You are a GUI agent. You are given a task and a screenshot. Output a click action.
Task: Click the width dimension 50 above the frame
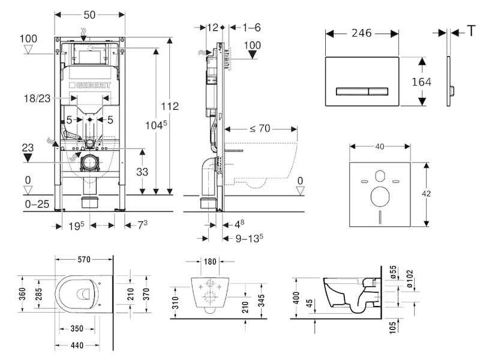tap(90, 13)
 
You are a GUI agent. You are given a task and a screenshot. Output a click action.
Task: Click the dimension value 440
tap(75, 346)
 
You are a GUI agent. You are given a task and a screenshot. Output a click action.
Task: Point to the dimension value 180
tap(209, 262)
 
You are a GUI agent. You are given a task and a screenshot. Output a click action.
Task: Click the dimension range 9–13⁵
tap(249, 238)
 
